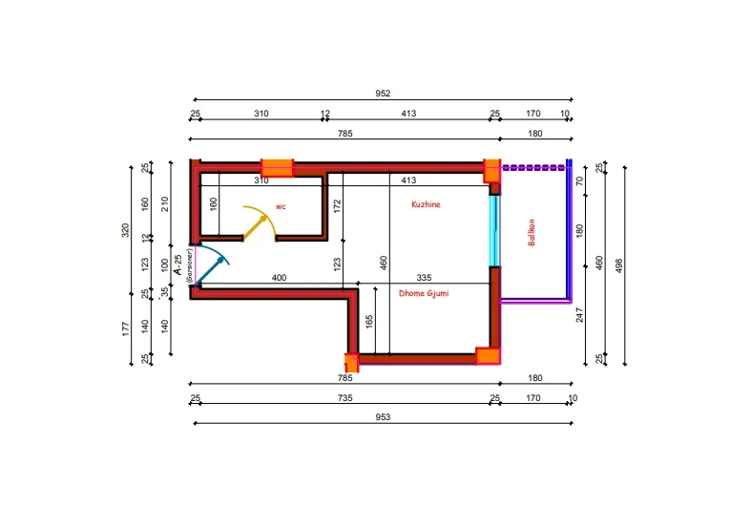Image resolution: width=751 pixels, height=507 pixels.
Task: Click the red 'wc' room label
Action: click(x=281, y=205)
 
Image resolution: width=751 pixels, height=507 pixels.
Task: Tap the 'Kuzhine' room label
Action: click(x=426, y=204)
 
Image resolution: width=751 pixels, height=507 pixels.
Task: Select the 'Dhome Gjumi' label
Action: click(x=424, y=293)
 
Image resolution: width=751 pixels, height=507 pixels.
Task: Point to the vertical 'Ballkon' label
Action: click(x=532, y=234)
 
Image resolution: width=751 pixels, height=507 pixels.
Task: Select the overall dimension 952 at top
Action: click(x=384, y=94)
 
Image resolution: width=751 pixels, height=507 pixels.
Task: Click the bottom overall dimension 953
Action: click(x=384, y=417)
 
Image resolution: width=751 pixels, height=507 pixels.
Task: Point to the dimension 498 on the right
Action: click(x=619, y=264)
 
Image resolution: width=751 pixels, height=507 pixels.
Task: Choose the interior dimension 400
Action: click(x=279, y=278)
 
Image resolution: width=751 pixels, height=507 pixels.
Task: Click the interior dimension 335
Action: click(x=424, y=278)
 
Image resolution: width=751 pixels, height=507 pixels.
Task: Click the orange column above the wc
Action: click(x=277, y=168)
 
